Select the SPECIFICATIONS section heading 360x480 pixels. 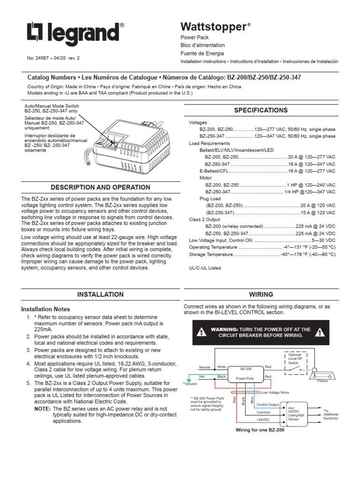pos(261,111)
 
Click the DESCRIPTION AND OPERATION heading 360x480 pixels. pos(100,187)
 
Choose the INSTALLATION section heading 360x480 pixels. pos(100,295)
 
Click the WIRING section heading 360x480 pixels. pos(261,295)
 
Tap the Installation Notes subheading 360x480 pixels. pos(46,309)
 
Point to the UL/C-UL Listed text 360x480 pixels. pos(205,268)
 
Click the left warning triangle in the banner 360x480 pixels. pos(201,333)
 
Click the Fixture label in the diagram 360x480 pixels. pos(322,381)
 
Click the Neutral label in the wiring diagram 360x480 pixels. pos(205,367)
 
